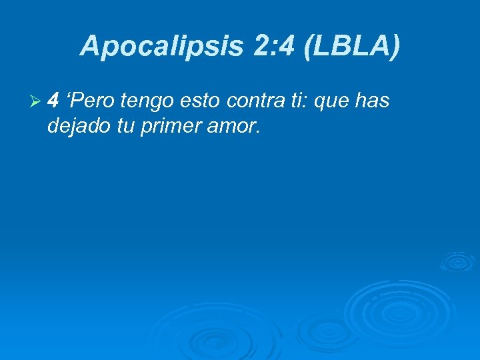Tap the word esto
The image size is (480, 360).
203,102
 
